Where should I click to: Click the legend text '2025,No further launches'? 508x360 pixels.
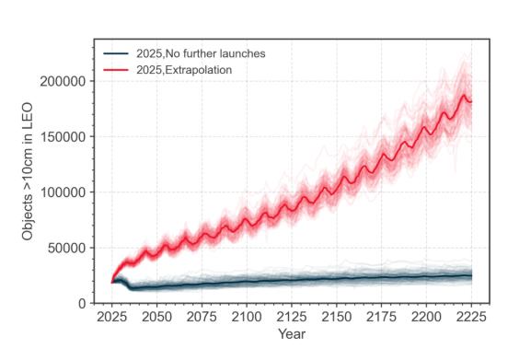201,53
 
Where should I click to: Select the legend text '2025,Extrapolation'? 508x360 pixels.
184,70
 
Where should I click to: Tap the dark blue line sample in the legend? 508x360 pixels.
116,53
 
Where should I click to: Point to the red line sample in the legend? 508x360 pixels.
116,70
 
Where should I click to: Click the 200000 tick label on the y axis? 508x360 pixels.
63,81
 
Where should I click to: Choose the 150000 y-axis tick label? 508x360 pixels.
63,137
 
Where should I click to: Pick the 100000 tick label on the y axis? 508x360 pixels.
63,192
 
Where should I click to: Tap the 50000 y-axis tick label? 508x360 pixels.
67,249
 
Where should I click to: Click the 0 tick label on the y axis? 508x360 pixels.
82,304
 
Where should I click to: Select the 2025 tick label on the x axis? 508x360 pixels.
111,317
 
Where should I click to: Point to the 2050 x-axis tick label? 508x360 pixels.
156,317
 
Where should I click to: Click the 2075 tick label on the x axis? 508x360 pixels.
202,317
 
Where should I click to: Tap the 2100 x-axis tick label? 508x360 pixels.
247,317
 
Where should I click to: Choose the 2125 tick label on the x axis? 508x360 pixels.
291,317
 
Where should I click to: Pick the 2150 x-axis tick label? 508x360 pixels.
336,317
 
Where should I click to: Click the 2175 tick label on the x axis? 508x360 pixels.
381,317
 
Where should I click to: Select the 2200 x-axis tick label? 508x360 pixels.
426,317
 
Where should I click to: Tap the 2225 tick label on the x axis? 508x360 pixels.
471,317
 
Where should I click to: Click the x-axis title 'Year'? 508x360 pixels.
292,334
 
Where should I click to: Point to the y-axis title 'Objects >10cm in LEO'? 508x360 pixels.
28,171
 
